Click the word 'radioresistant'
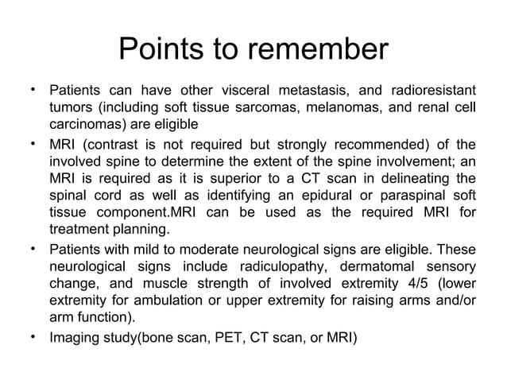[430, 89]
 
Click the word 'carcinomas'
[85, 126]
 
